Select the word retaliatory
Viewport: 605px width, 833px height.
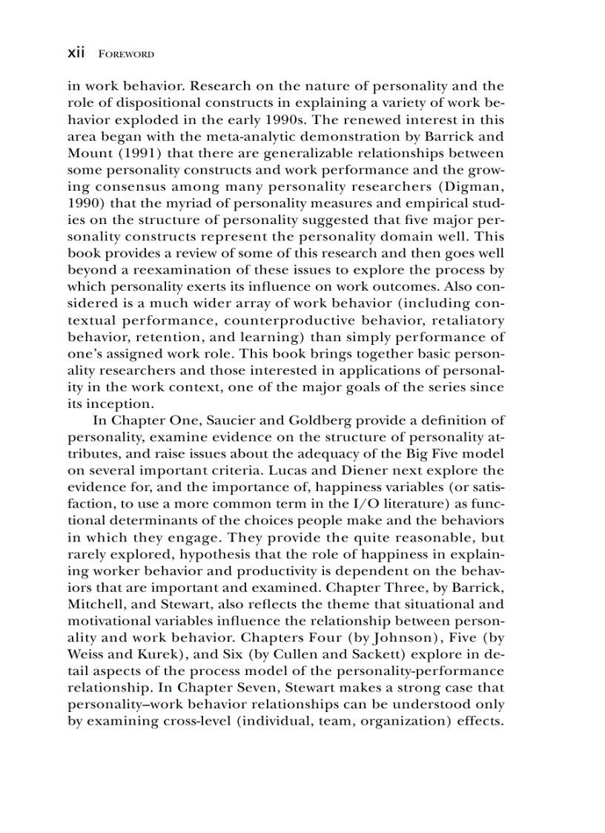[463, 321]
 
